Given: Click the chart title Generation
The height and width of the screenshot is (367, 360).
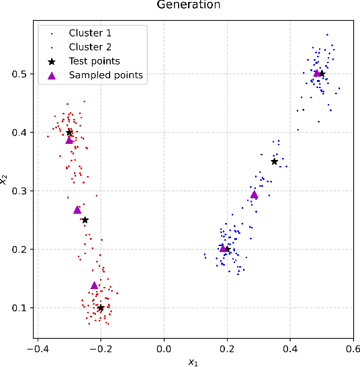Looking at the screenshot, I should (188, 5).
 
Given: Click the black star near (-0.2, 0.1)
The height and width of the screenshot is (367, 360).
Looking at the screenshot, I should (101, 308).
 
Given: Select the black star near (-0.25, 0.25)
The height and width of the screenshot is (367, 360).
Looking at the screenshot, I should (85, 220).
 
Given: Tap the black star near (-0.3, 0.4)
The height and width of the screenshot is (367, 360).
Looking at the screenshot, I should (70, 132).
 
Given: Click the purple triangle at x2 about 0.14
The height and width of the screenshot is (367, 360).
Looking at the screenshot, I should (95, 285).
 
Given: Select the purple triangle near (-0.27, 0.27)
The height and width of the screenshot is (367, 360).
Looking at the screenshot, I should (77, 210).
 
